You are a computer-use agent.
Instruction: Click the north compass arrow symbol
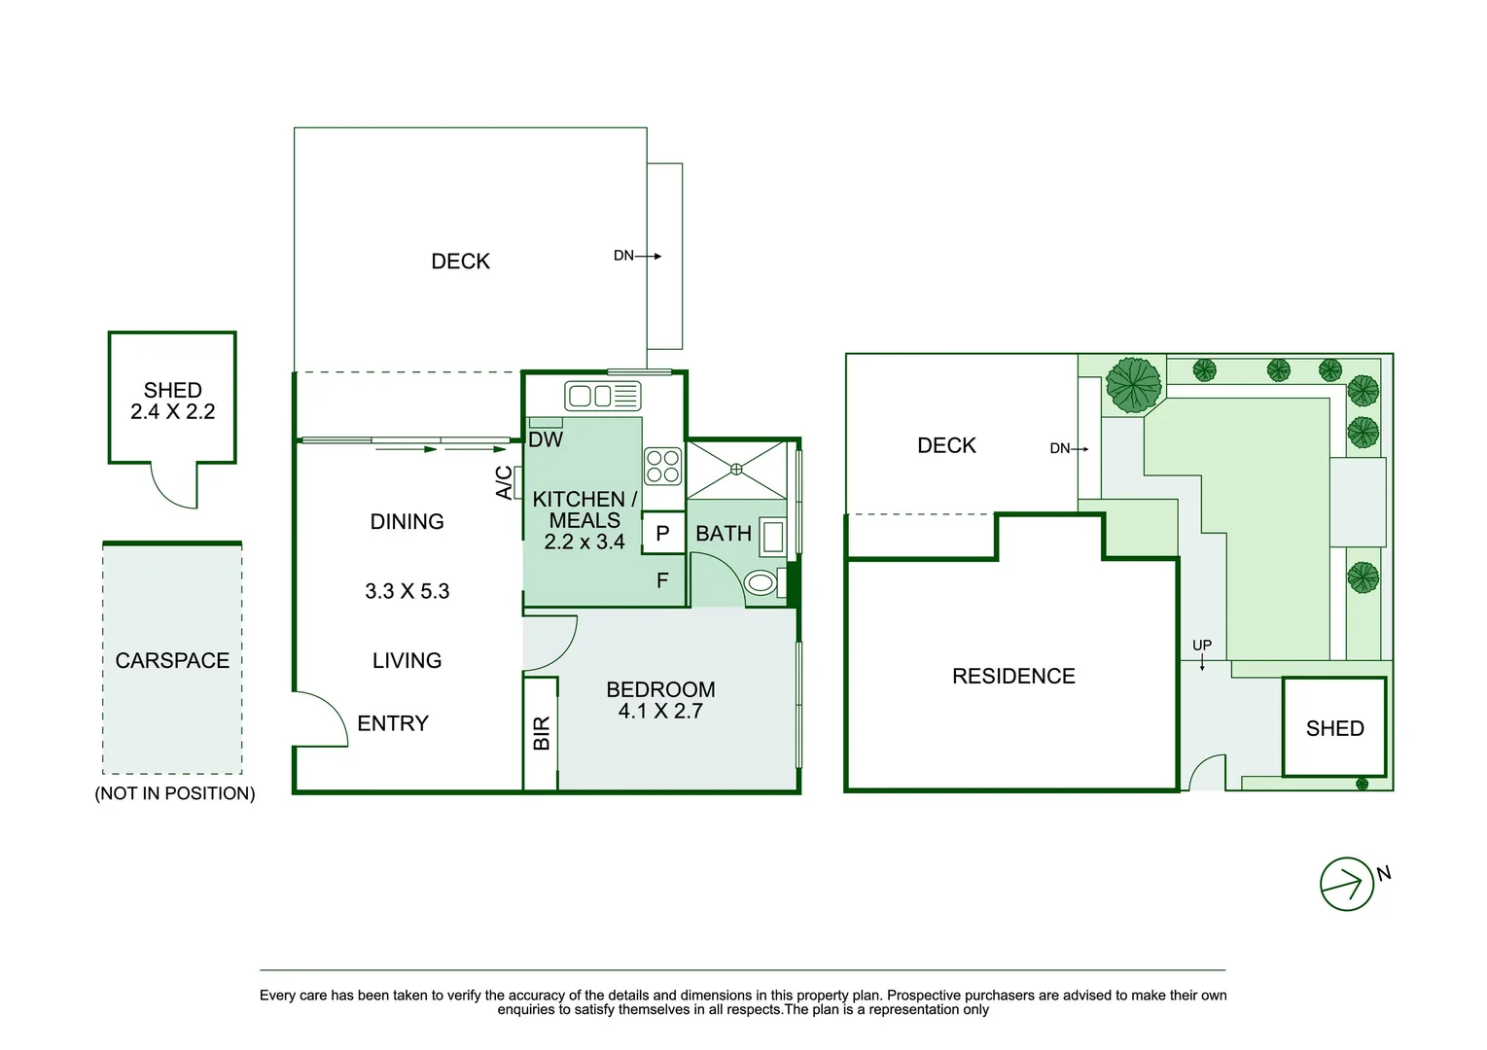coord(1347,884)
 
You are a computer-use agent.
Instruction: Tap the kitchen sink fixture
coord(602,396)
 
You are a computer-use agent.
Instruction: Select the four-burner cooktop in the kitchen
coord(663,466)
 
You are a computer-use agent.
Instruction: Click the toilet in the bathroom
coord(761,583)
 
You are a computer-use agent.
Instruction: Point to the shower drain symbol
coord(736,470)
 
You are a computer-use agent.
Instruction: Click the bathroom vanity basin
coord(772,537)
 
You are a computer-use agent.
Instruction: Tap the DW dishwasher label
coord(546,440)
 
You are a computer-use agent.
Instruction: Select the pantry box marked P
coord(662,534)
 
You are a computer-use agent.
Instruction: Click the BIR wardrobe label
coord(542,733)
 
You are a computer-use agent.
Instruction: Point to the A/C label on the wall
coord(504,483)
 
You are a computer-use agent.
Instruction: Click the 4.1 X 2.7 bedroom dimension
coord(660,712)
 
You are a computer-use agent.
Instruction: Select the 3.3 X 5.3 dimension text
coord(407,591)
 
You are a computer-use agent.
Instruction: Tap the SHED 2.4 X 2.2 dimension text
coord(172,412)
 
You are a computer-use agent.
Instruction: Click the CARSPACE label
coord(172,661)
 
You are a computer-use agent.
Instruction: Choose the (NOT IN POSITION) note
coord(175,793)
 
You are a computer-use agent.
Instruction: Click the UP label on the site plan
coord(1202,646)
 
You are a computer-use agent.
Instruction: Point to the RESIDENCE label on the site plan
coord(1013,677)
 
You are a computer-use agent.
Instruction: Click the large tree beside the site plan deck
coord(1133,384)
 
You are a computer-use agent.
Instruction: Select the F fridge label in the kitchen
coord(662,581)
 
